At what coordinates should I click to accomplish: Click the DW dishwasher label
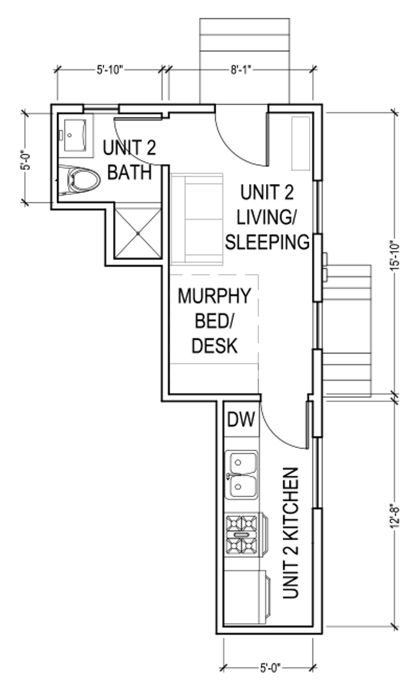tap(241, 419)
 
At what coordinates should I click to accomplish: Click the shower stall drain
tap(138, 233)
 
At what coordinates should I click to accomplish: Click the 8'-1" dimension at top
tap(241, 70)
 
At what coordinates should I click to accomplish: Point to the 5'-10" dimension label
tap(109, 70)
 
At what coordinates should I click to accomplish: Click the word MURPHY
tap(214, 296)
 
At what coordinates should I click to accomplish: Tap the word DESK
tap(214, 346)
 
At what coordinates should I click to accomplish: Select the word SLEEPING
tap(267, 242)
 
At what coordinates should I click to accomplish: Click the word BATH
tap(129, 172)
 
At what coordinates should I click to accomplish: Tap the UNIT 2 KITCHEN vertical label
tap(291, 533)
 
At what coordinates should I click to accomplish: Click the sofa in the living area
tap(197, 219)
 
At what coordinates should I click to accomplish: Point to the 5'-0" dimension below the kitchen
tap(270, 668)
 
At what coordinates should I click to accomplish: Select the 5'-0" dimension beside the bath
tap(28, 160)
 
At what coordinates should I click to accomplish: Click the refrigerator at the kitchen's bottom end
tap(246, 597)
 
